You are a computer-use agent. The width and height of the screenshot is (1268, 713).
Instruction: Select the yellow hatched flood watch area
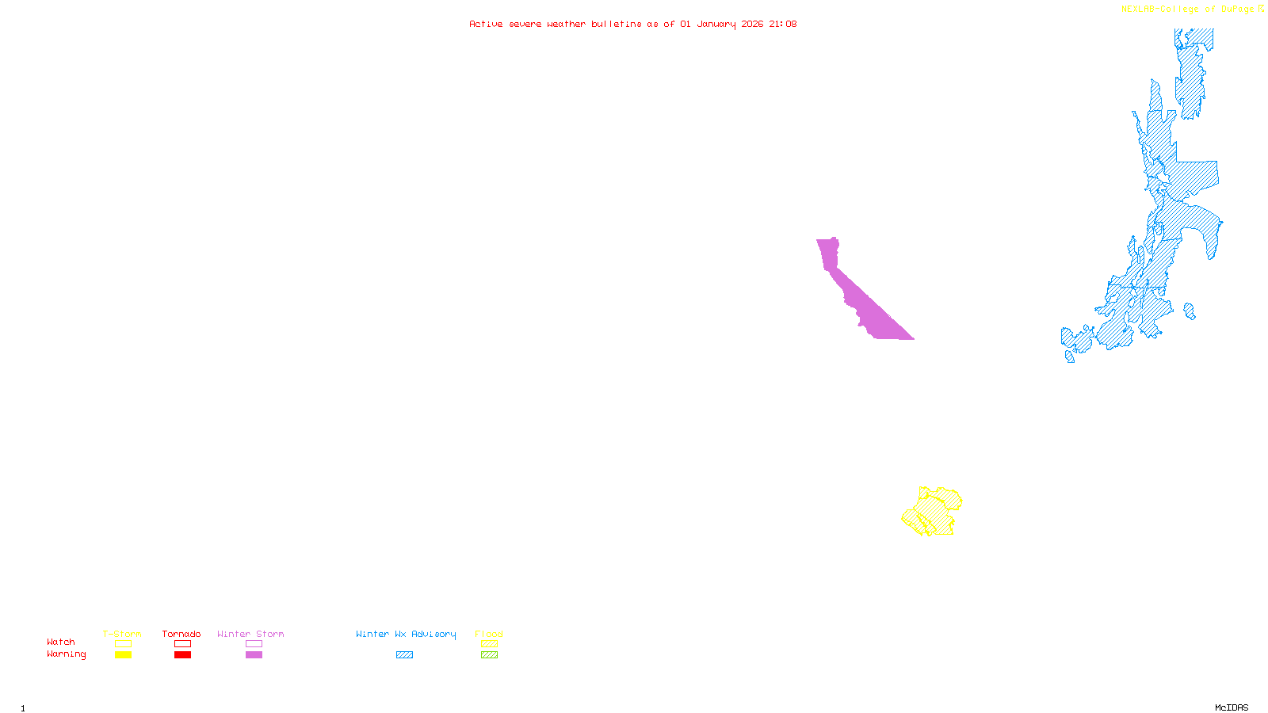click(x=933, y=512)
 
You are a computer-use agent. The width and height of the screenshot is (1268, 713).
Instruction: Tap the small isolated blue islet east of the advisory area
click(x=1189, y=311)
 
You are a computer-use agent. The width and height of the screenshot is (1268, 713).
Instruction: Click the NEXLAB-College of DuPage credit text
click(x=1187, y=10)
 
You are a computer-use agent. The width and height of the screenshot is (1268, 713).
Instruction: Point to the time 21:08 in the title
click(x=782, y=24)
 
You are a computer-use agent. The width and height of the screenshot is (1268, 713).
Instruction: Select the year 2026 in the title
click(x=752, y=24)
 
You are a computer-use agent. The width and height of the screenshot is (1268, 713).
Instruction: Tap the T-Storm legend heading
click(x=122, y=634)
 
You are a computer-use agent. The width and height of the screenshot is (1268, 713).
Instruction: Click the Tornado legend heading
click(x=181, y=634)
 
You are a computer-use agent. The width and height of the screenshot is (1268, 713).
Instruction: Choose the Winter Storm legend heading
click(x=250, y=634)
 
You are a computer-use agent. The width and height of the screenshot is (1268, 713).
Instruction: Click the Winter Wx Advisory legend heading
click(x=406, y=634)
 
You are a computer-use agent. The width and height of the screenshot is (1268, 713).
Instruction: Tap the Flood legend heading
click(x=489, y=634)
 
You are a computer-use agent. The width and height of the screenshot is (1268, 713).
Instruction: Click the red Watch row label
click(x=61, y=642)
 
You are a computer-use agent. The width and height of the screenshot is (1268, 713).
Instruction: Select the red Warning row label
click(x=66, y=654)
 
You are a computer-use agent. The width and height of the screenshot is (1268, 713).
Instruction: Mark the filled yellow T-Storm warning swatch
click(x=123, y=655)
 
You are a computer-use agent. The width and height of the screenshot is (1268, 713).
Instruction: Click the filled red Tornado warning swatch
click(x=182, y=655)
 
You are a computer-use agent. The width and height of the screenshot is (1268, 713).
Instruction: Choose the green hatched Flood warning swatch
click(x=489, y=655)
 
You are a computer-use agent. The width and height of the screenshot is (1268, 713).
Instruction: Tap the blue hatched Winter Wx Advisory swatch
click(x=404, y=655)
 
